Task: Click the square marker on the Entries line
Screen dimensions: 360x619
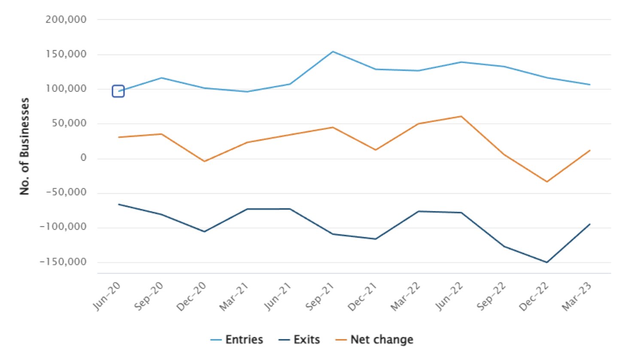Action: (118, 91)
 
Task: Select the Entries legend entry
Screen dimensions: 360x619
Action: (237, 340)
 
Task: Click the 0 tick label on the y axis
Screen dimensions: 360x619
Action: (83, 159)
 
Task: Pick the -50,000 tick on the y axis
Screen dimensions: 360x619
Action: (65, 193)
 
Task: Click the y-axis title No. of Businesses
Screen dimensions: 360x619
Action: (25, 146)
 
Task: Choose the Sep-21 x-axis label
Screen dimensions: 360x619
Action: (321, 296)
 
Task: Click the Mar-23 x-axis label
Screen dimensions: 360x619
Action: (578, 296)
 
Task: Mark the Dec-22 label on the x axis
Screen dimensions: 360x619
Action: (535, 296)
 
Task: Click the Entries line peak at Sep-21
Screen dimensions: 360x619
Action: (333, 52)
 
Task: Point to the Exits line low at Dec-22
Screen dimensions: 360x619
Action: (547, 262)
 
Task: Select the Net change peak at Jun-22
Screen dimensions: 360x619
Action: (461, 116)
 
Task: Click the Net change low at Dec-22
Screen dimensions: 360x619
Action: (547, 182)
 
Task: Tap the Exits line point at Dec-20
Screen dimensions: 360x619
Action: (204, 232)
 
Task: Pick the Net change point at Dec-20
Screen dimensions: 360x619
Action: (204, 161)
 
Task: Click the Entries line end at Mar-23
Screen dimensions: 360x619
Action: (590, 85)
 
